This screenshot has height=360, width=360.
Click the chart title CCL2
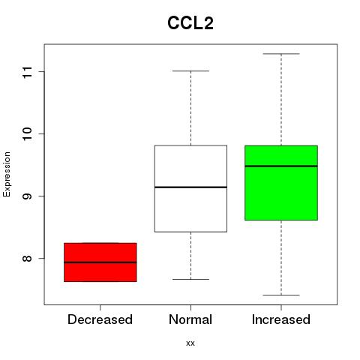[190, 23]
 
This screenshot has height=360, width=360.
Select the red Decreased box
[100, 262]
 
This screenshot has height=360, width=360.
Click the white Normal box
[190, 189]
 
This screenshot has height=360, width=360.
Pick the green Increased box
[281, 183]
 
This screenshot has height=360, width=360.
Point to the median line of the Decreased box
[100, 262]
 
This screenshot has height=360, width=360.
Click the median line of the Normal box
[190, 187]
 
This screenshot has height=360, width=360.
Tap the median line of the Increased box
[281, 166]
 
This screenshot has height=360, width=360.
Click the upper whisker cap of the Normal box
[190, 71]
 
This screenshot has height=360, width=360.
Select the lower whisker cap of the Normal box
[190, 279]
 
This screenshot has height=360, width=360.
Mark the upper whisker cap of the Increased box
[281, 54]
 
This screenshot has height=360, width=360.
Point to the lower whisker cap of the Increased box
[281, 295]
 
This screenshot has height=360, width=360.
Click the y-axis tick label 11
[27, 72]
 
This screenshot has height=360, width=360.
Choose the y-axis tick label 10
[27, 133]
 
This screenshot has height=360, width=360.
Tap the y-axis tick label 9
[27, 196]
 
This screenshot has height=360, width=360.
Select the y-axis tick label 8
[27, 258]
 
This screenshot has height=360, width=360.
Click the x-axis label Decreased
[100, 319]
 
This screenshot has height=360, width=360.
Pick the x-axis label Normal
[190, 319]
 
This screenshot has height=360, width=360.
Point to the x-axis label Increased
[281, 319]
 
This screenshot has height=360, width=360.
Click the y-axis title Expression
[7, 174]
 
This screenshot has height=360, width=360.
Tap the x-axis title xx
[190, 343]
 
